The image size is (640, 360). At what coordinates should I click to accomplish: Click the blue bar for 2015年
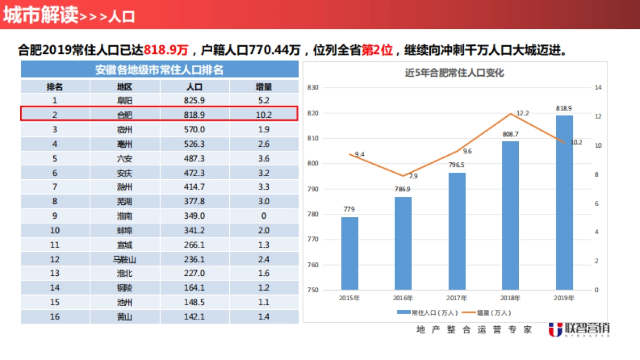[350, 253]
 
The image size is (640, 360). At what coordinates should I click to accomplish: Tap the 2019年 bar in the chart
[564, 203]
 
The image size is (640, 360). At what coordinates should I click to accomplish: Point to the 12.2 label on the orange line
[523, 113]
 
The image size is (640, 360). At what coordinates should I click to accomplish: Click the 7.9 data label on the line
[413, 176]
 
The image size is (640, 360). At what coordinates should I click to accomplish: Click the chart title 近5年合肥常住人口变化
[454, 73]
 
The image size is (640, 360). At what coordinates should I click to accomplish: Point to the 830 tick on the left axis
[313, 87]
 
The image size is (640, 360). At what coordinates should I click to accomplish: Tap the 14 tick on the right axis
[598, 87]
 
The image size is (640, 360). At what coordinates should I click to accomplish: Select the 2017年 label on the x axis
[457, 298]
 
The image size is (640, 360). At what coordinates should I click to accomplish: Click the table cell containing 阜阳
[125, 100]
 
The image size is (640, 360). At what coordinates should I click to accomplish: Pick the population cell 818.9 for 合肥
[195, 115]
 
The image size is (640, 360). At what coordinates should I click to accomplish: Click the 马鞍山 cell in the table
[125, 259]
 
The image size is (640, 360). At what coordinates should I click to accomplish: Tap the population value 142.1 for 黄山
[195, 317]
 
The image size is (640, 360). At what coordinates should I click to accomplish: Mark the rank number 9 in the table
[54, 216]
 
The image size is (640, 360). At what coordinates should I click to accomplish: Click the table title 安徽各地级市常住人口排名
[159, 70]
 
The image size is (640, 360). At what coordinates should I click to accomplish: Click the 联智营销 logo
[579, 329]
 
